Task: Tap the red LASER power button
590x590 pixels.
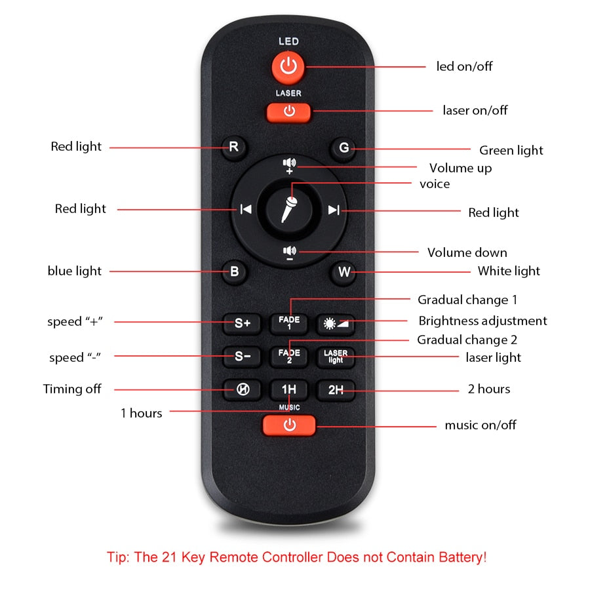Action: tap(288, 112)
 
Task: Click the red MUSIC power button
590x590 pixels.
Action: tap(289, 425)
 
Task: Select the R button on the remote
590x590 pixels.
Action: tap(233, 147)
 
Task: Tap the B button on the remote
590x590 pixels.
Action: tap(234, 271)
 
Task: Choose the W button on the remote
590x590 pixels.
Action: tap(344, 271)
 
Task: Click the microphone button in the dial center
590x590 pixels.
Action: tap(289, 209)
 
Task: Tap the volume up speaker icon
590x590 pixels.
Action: tap(289, 166)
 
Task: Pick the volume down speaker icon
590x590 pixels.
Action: tap(289, 253)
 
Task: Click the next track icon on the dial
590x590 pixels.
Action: tap(334, 210)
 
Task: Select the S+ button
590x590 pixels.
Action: tap(242, 323)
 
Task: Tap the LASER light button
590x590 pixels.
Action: tap(335, 357)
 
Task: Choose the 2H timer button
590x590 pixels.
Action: tap(335, 390)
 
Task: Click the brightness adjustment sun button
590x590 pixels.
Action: tap(335, 323)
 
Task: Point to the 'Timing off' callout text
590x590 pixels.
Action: tap(72, 389)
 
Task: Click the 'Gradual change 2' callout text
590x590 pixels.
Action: tap(467, 340)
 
